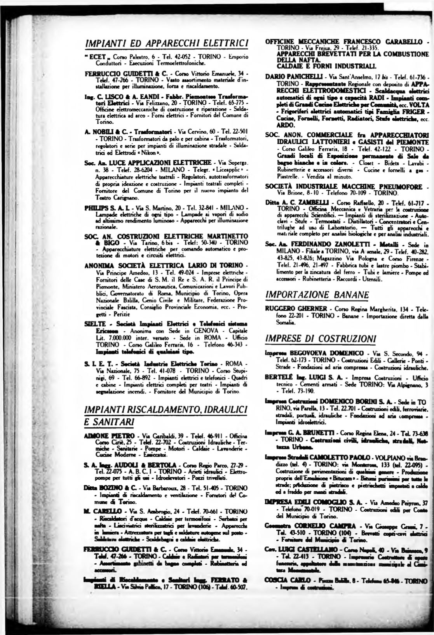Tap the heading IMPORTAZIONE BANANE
point(316,295)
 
